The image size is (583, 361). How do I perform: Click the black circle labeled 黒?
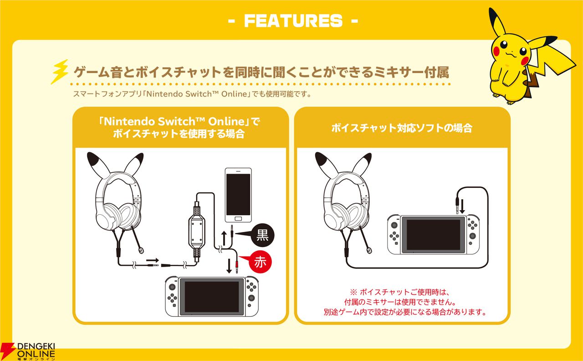coord(263,235)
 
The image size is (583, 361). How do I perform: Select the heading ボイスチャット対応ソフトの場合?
coord(402,128)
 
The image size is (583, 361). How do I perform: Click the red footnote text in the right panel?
coord(402,302)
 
